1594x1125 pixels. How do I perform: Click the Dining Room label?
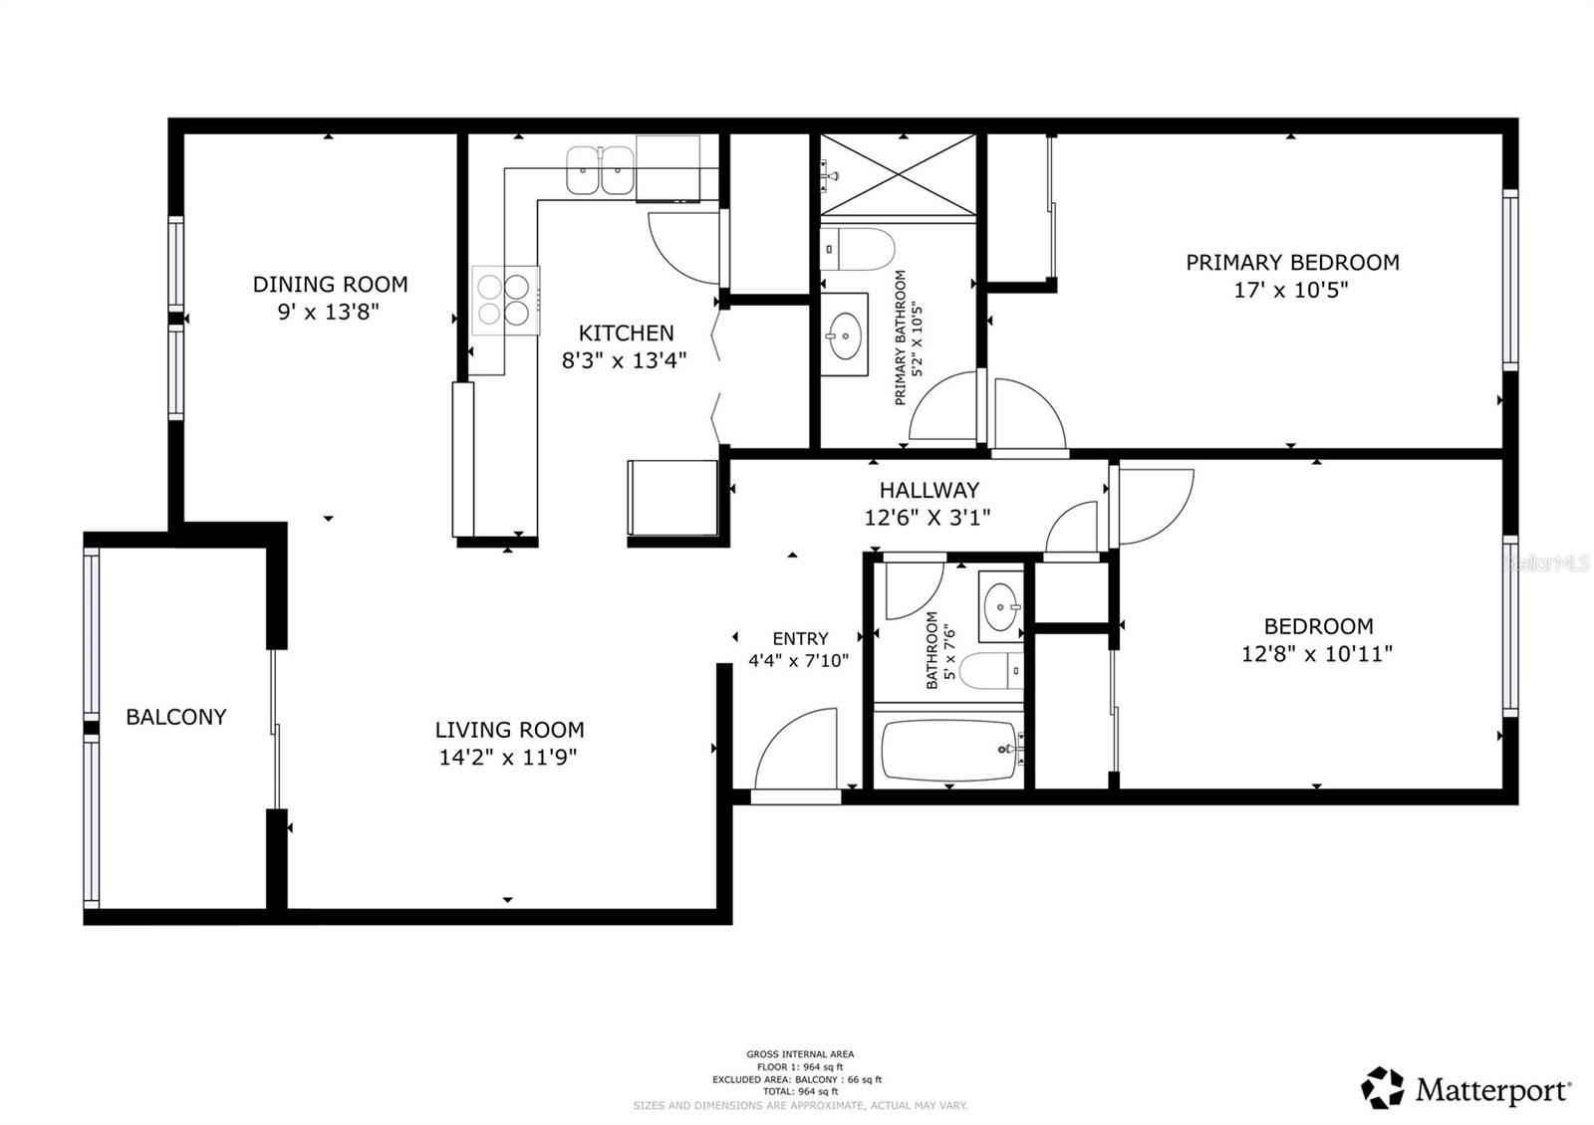pyautogui.click(x=330, y=284)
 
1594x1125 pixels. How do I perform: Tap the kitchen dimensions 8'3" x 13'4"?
pyautogui.click(x=625, y=360)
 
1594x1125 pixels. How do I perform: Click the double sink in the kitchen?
pyautogui.click(x=600, y=170)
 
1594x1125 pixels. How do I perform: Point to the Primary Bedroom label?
pyautogui.click(x=1292, y=262)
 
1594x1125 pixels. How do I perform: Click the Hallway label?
pyautogui.click(x=929, y=490)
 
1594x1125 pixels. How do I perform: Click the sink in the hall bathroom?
pyautogui.click(x=1000, y=605)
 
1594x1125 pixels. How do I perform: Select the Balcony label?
pyautogui.click(x=176, y=717)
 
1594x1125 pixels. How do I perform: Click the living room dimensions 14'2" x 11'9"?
pyautogui.click(x=508, y=757)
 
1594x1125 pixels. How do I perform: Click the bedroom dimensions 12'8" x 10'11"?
pyautogui.click(x=1317, y=654)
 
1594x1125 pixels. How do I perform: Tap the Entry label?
pyautogui.click(x=800, y=639)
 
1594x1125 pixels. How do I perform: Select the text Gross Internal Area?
pyautogui.click(x=800, y=1054)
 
